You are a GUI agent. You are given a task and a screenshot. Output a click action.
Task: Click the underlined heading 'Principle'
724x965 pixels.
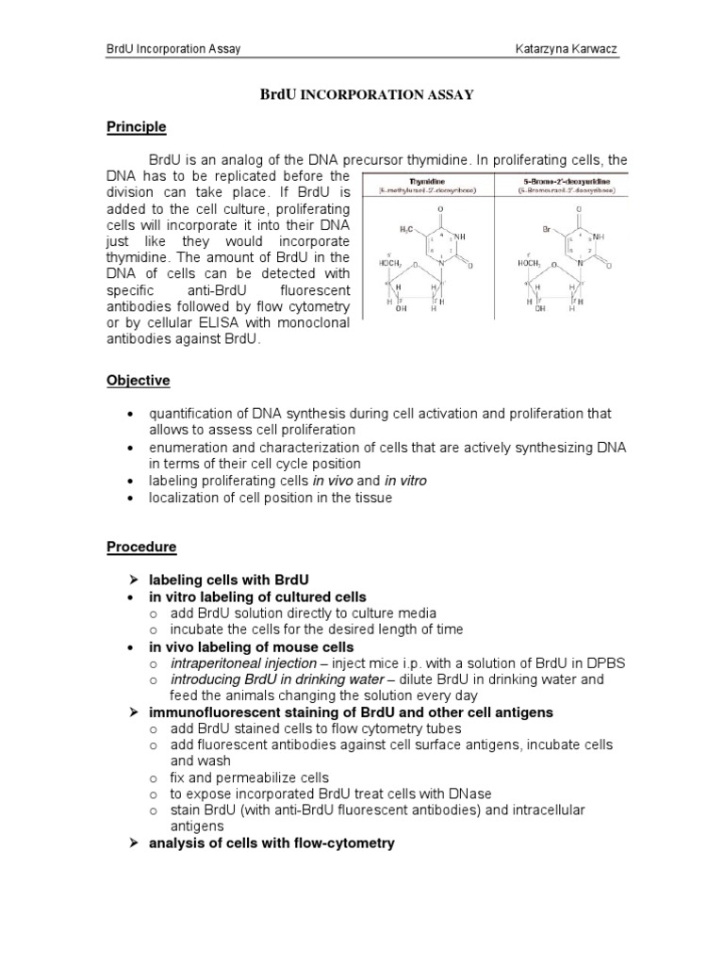[x=136, y=126]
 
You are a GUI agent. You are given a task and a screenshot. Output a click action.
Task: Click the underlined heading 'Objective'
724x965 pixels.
[x=138, y=381]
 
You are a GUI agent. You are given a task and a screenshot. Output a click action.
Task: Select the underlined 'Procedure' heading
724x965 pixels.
[x=140, y=547]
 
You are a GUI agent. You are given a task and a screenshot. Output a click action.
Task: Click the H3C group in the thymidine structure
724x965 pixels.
[x=406, y=228]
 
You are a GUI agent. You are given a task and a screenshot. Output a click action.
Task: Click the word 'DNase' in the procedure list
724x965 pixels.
[x=472, y=793]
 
